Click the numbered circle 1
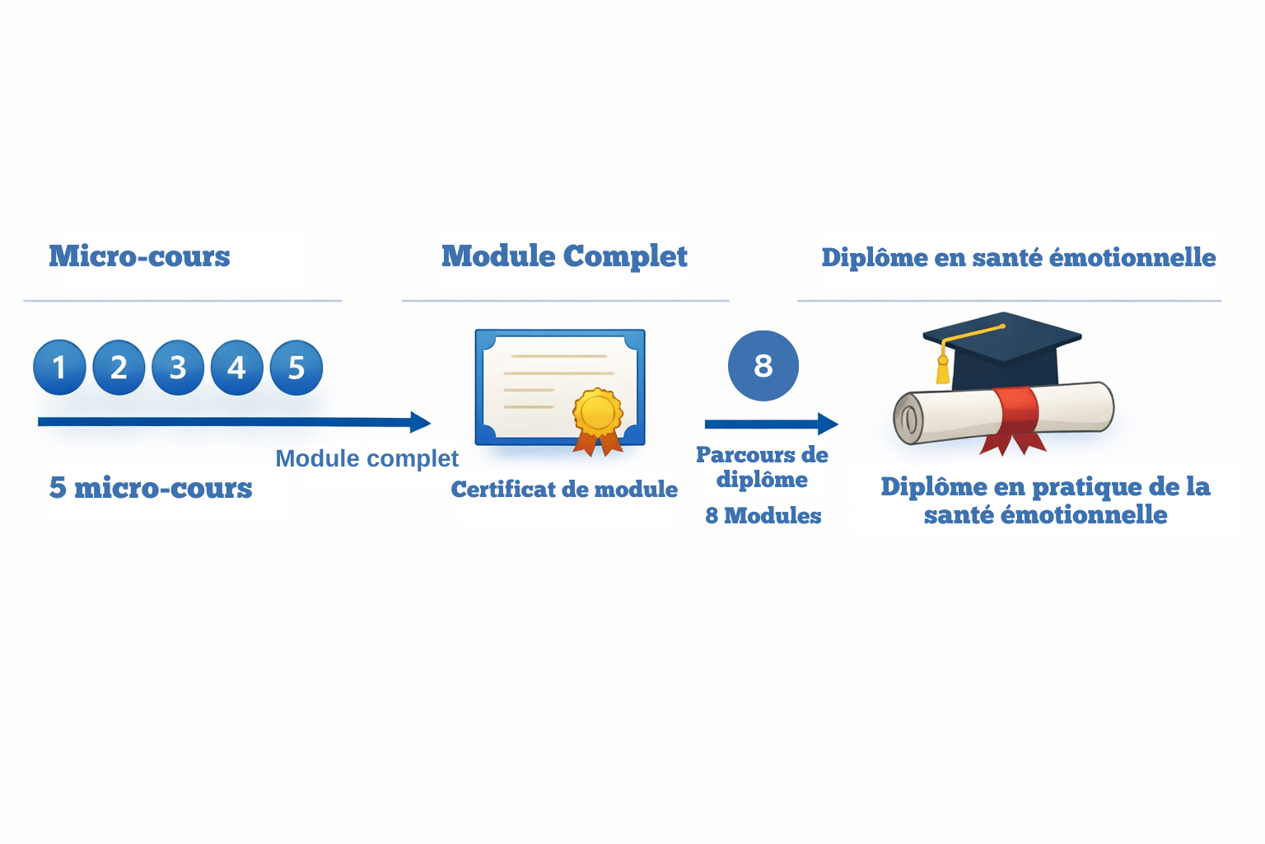59,368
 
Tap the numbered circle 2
119,368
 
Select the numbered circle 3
178,368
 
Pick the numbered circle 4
237,368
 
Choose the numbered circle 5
296,368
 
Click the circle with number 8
763,366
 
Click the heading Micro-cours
139,256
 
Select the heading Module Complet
564,256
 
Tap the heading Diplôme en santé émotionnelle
1019,257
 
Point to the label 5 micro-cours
151,488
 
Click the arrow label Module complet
366,458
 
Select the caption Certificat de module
564,490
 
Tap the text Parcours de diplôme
762,467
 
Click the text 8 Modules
763,516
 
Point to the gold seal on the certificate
598,412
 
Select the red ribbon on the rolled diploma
1015,416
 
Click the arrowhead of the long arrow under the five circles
420,422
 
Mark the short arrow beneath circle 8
771,424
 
